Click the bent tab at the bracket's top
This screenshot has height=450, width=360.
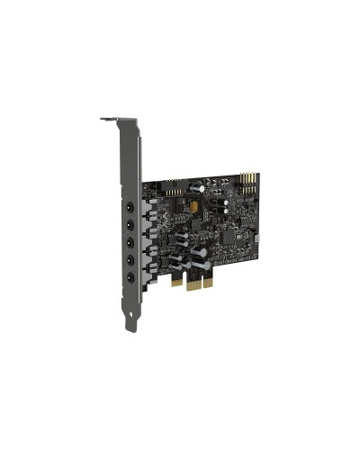[110, 118]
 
